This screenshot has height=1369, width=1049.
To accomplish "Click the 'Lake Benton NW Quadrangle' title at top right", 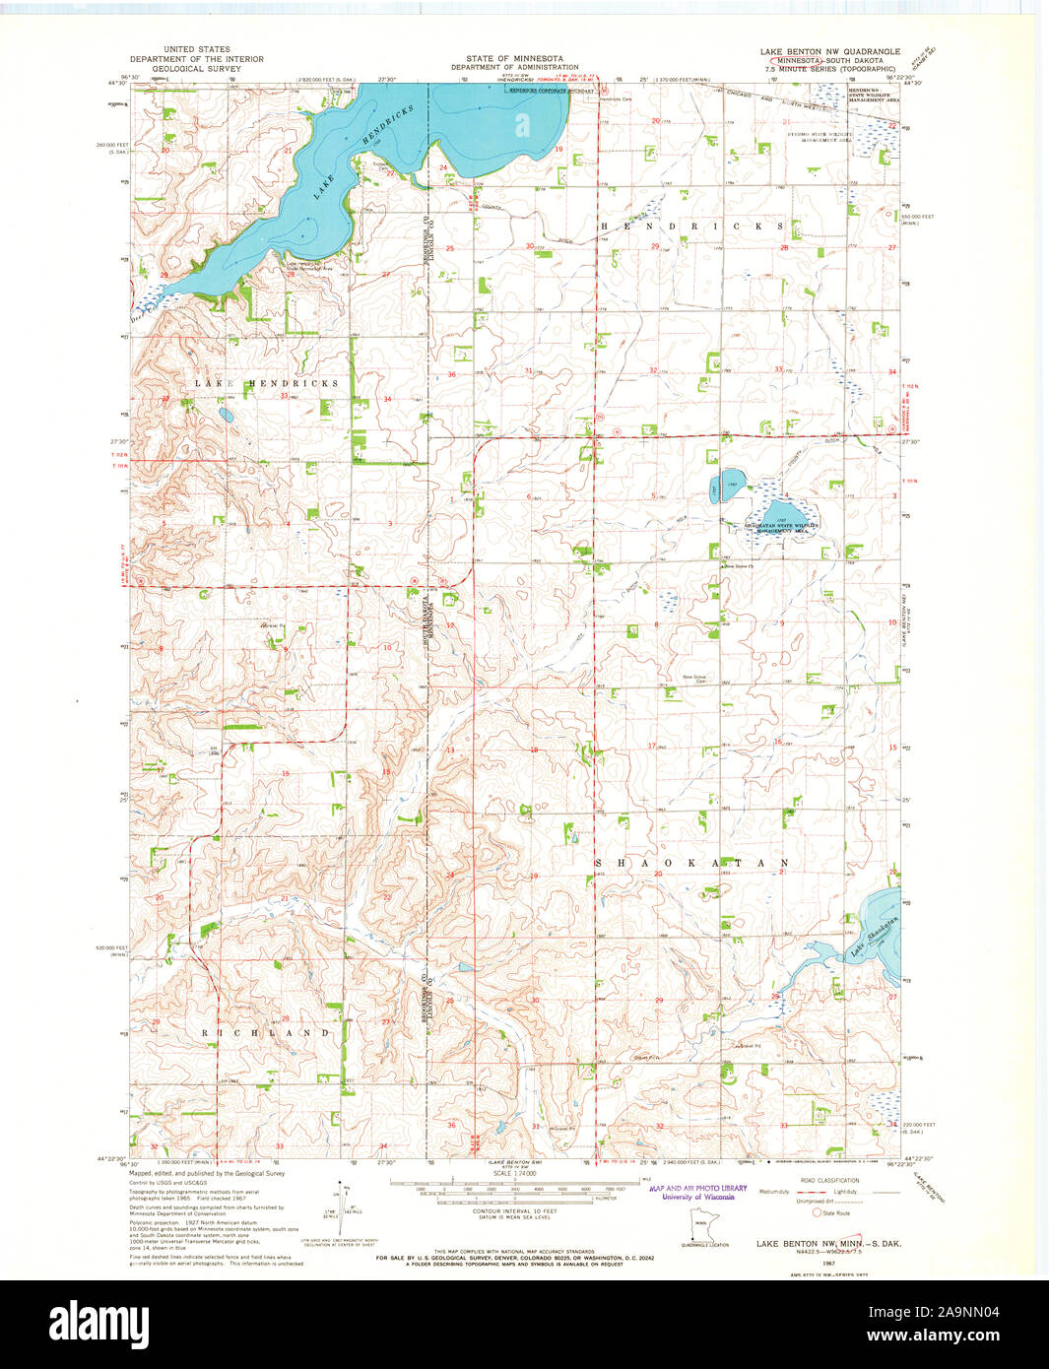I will [829, 50].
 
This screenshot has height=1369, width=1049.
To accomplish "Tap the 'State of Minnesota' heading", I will [514, 59].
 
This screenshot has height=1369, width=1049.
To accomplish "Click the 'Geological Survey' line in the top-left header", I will [197, 70].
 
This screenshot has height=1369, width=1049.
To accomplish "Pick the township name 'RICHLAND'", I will [266, 1033].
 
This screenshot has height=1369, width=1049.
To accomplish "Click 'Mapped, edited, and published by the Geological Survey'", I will [207, 1174].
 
